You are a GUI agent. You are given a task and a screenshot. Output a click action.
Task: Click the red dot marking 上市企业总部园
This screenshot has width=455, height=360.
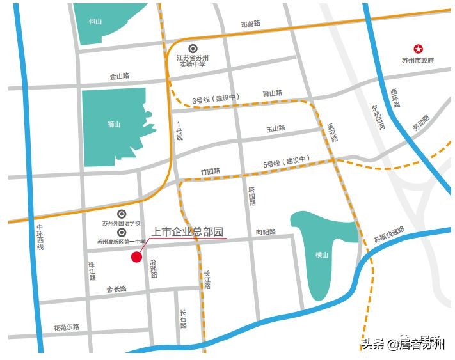pyautogui.click(x=136, y=257)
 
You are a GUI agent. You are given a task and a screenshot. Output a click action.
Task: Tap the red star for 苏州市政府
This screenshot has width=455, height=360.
pyautogui.click(x=418, y=49)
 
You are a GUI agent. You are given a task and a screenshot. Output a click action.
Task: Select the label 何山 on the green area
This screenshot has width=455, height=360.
pyautogui.click(x=95, y=21)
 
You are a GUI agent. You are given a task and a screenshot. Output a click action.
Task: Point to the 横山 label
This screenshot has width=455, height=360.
pyautogui.click(x=321, y=254)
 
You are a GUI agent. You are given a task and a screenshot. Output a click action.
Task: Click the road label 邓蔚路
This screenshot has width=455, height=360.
pyautogui.click(x=251, y=24)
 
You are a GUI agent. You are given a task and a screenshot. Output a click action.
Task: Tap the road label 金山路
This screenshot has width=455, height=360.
pyautogui.click(x=119, y=76)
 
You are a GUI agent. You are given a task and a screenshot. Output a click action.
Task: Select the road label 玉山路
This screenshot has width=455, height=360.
pyautogui.click(x=276, y=129)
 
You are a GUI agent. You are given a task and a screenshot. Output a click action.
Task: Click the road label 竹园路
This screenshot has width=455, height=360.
pyautogui.click(x=210, y=171)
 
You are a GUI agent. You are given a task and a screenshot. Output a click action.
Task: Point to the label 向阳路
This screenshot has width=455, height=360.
pyautogui.click(x=266, y=232)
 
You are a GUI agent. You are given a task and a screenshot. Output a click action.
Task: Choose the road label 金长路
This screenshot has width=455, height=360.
pyautogui.click(x=116, y=289)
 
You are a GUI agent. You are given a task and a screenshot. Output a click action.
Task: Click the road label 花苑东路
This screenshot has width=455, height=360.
pyautogui.click(x=67, y=327)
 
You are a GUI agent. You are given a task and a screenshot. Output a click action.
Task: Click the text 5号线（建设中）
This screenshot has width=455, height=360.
pyautogui.click(x=286, y=164)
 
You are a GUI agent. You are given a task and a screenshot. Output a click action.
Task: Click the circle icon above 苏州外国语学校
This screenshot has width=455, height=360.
pyautogui.click(x=122, y=214)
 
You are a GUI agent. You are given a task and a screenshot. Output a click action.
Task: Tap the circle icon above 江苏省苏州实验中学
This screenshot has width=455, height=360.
pyautogui.click(x=193, y=49)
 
